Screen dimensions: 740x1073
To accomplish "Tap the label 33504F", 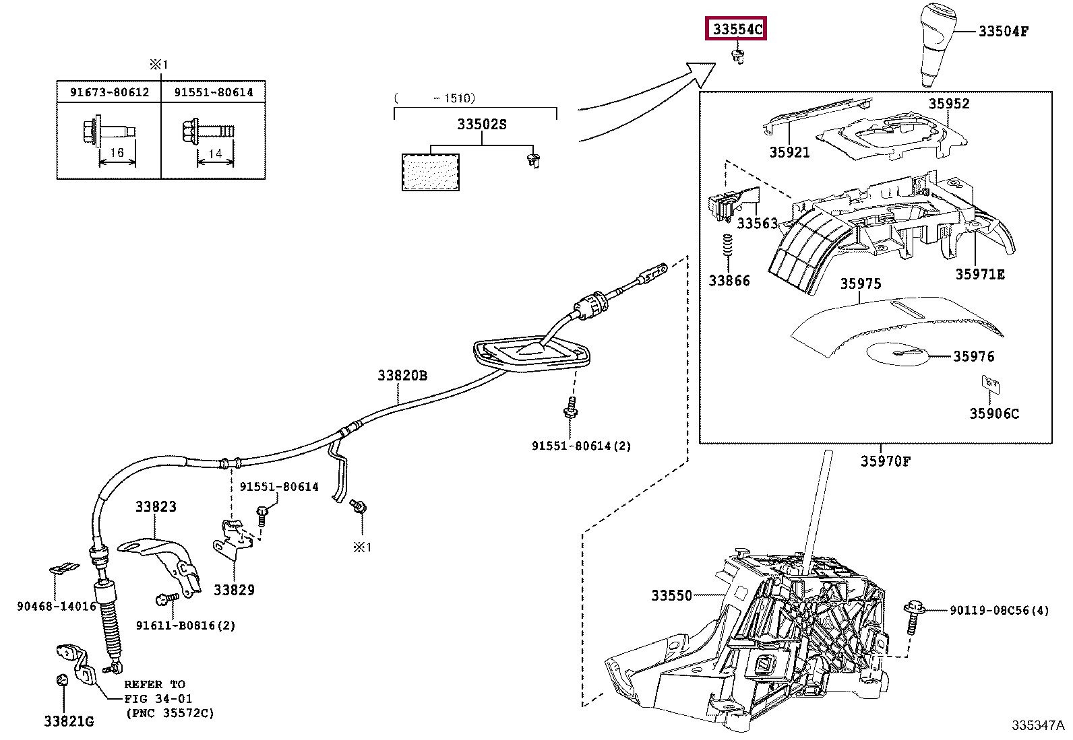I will pos(1004,31).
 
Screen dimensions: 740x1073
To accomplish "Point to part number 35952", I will pos(949,104).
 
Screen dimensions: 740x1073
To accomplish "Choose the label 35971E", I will pos(980,274).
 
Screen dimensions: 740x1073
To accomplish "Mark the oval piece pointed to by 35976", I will pos(898,353).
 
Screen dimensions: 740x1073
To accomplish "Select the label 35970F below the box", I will pos(885,461).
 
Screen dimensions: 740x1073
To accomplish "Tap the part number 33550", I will pos(671,595).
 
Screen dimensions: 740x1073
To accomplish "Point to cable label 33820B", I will pos(402,376).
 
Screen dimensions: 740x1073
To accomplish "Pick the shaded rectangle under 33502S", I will pos(431,172).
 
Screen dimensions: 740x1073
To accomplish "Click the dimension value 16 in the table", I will pos(117,153).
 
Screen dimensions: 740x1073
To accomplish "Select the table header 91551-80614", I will pos(214,92).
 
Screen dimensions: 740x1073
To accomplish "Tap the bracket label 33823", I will pos(156,506).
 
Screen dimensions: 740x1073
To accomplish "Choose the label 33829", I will pos(234,590).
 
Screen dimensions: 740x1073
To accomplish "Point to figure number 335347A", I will pos(1038,725).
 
